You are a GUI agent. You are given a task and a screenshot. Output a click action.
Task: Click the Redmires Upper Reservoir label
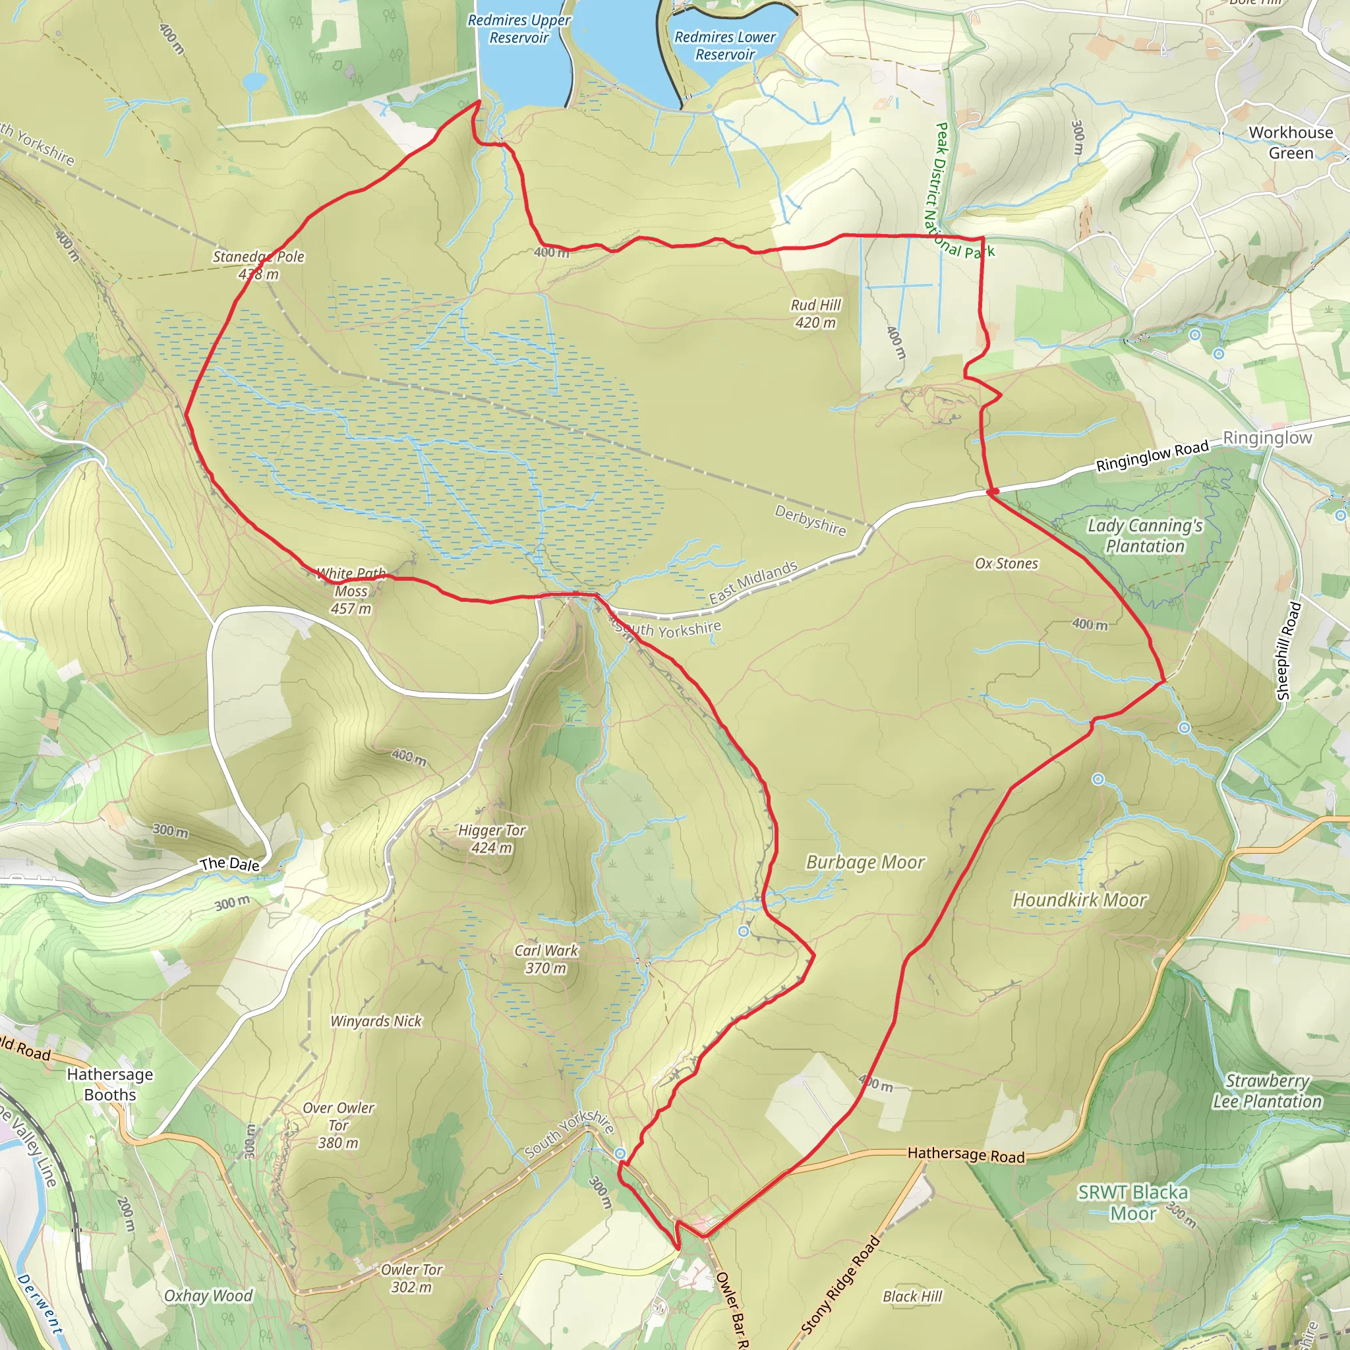tap(519, 30)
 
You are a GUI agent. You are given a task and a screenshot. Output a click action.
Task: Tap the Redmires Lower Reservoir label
tap(724, 45)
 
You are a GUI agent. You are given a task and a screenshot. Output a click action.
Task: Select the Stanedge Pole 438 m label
tap(258, 266)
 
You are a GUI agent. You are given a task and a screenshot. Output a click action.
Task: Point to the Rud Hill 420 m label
tap(815, 314)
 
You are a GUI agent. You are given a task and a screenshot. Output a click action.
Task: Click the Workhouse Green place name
tap(1291, 142)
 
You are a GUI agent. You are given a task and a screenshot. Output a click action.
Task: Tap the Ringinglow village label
tap(1268, 438)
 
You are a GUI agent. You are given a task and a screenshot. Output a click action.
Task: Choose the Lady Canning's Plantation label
tap(1145, 536)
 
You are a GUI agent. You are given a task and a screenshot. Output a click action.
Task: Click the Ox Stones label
tap(1006, 564)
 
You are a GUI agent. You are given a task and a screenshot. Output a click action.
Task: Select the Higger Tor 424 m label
tap(492, 839)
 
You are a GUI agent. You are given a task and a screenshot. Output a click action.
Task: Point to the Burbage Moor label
tap(865, 863)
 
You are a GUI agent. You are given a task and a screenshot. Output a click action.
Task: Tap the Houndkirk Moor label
tap(1080, 900)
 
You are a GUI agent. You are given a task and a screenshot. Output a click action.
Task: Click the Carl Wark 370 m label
tap(546, 959)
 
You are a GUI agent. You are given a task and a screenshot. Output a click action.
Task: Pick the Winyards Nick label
tap(376, 1022)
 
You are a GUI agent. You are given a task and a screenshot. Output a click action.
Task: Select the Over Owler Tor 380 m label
tap(338, 1126)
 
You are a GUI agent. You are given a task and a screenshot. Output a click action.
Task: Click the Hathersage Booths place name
tap(109, 1084)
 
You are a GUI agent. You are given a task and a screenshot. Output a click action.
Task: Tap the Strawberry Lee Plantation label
tap(1267, 1092)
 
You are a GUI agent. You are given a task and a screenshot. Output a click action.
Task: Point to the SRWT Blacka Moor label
tap(1132, 1202)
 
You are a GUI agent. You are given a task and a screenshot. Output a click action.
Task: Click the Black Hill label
tap(912, 1297)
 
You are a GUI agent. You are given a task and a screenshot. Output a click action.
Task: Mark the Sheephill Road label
tap(1289, 651)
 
